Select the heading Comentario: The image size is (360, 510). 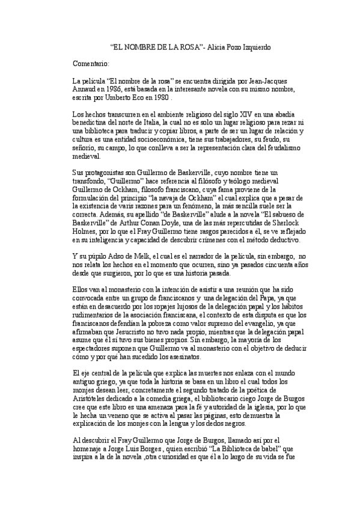[90, 63]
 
